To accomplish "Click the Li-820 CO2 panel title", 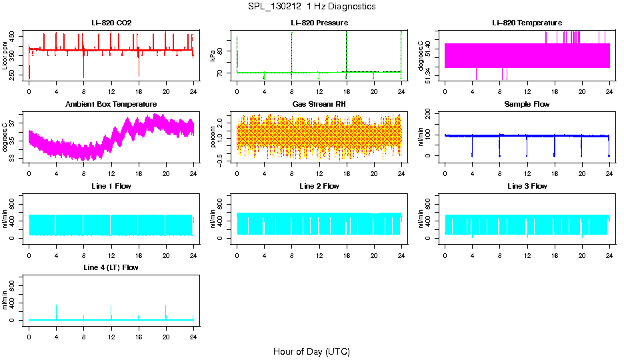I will (111, 23).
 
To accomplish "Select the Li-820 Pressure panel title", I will (319, 23).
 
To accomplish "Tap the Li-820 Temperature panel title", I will (527, 23).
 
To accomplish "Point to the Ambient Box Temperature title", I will (111, 105).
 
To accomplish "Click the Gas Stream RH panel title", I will (319, 105).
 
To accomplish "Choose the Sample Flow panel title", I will (527, 105).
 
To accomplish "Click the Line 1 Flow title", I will (111, 186).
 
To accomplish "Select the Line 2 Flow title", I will (319, 186).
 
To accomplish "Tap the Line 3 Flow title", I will (527, 186).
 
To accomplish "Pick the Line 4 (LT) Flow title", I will (111, 267).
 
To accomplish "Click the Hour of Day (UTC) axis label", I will (311, 351).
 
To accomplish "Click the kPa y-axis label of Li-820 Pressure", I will (213, 55).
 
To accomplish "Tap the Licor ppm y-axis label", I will (5, 55).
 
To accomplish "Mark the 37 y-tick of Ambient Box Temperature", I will (13, 115).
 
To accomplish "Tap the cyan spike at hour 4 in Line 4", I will (56, 311).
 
